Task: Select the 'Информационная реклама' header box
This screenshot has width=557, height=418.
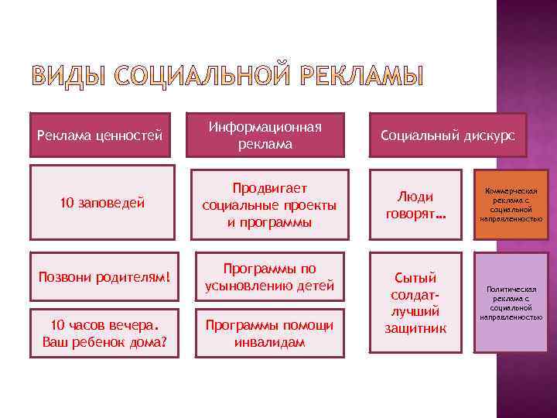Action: click(x=270, y=135)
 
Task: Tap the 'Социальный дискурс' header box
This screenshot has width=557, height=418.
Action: click(x=447, y=135)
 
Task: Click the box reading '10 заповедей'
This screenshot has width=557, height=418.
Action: click(x=103, y=203)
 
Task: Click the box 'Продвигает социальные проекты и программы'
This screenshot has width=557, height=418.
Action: click(x=270, y=204)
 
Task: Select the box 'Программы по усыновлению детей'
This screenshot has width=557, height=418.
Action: click(x=270, y=277)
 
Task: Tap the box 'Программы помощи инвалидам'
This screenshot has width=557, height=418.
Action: click(x=270, y=333)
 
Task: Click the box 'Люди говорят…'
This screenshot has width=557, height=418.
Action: click(x=415, y=204)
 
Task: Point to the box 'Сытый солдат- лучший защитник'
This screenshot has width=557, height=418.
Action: click(x=415, y=303)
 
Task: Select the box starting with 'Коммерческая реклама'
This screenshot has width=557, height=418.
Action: click(x=510, y=204)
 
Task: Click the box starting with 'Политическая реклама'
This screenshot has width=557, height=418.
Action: click(x=510, y=303)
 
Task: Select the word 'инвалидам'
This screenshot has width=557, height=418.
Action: click(x=270, y=341)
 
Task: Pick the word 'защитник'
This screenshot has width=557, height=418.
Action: click(x=415, y=327)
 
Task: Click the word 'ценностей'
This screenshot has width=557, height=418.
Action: click(x=131, y=136)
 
